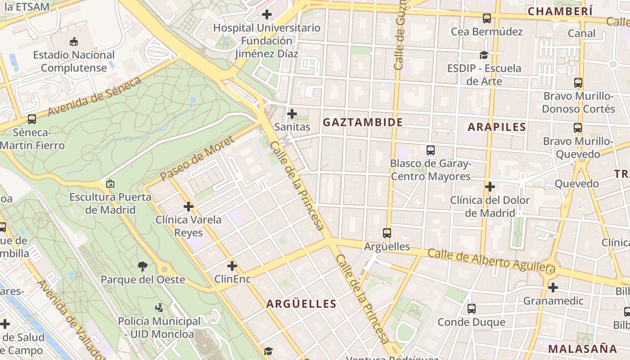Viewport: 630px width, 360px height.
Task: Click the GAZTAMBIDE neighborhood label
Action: tap(363, 122)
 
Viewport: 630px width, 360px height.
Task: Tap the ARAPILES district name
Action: tap(497, 127)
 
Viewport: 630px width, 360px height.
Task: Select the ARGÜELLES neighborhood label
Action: tap(301, 304)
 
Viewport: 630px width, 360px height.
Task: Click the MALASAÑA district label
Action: tap(582, 349)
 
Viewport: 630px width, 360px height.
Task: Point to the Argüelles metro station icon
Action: tap(387, 233)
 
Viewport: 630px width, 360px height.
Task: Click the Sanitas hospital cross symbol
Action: tap(292, 113)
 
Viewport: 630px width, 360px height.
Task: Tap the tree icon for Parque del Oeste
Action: tap(143, 266)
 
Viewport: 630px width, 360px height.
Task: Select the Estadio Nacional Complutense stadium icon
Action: tap(74, 42)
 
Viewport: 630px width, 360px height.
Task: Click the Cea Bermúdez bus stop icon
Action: tap(487, 18)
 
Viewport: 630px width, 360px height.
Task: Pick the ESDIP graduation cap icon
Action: tap(484, 55)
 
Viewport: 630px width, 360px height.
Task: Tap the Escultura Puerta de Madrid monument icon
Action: tap(110, 184)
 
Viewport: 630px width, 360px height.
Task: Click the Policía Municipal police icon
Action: tap(159, 308)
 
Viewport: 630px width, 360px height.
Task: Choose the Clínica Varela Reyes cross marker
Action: tap(189, 207)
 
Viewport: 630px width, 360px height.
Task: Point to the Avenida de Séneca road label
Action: tap(94, 96)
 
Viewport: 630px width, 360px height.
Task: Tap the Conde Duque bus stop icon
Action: tap(472, 309)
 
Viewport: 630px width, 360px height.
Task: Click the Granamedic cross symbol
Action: tap(553, 287)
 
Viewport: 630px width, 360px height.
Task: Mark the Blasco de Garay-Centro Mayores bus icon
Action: tap(431, 150)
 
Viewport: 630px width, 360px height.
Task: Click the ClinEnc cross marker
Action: tap(232, 266)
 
